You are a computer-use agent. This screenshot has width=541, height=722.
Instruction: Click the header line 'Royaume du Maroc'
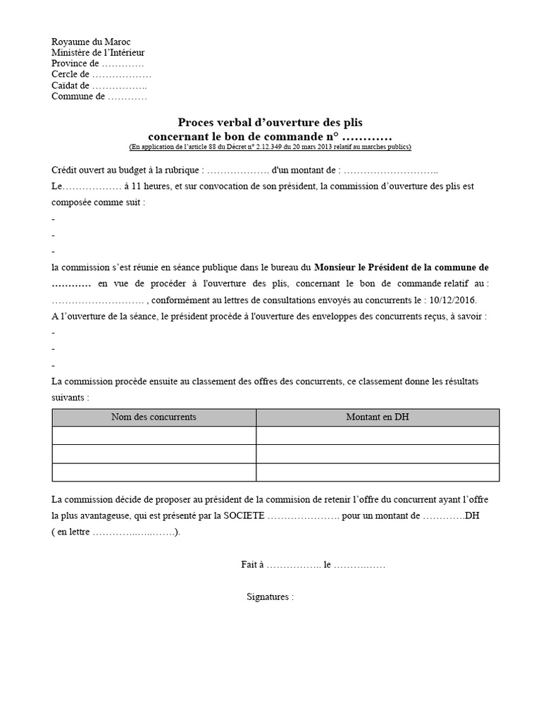coord(91,42)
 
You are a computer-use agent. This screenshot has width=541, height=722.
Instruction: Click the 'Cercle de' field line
coord(101,75)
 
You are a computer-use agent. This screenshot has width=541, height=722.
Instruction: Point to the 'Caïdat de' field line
coord(99,85)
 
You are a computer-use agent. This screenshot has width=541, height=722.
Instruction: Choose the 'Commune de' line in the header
coord(99,97)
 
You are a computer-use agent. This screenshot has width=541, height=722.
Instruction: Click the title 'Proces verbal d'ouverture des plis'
coord(270,122)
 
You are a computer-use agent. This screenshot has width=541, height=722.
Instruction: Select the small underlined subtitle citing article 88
coord(270,147)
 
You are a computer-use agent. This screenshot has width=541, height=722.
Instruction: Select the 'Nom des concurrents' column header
coord(154,417)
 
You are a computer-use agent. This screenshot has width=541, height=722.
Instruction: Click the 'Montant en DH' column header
coord(377,417)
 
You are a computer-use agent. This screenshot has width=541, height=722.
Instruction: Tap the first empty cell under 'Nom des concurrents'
coord(154,436)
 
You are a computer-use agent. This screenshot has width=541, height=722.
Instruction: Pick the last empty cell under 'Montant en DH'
coord(377,472)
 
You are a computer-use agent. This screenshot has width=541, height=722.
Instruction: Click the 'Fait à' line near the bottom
coord(313,565)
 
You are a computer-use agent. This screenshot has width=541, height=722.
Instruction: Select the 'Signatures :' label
coord(270,596)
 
